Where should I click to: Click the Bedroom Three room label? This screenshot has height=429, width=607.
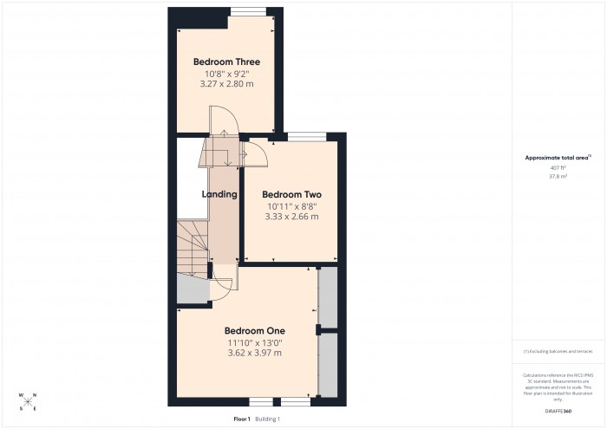coord(226,62)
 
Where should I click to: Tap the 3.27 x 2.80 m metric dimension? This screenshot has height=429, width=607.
coord(226,85)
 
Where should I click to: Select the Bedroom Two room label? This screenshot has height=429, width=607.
coord(291,194)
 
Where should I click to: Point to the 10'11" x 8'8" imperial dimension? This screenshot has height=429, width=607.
coord(291,206)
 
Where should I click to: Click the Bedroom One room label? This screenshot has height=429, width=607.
coord(254,330)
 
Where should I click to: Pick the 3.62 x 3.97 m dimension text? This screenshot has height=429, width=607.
coord(254,353)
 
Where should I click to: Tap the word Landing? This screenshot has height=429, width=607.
coord(219,194)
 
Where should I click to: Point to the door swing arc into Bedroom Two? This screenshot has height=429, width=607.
coord(258,152)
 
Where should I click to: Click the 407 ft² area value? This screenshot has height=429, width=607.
coord(558,167)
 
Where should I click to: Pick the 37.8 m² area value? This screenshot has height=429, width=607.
coord(558,176)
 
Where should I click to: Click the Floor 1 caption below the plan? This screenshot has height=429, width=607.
coord(242,419)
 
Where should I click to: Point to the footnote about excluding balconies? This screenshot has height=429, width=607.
coord(558,351)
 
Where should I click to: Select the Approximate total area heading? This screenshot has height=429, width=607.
coord(558,157)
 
